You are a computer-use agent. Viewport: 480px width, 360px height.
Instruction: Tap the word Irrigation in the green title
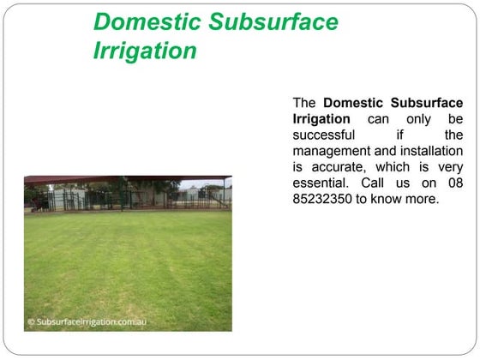145,51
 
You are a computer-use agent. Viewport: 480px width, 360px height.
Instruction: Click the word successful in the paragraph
324,135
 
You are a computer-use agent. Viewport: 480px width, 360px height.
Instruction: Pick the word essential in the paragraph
322,183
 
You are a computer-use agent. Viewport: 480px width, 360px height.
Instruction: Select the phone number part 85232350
322,200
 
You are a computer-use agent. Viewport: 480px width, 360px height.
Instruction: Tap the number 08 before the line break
453,183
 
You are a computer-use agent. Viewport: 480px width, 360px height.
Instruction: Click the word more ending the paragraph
422,200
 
